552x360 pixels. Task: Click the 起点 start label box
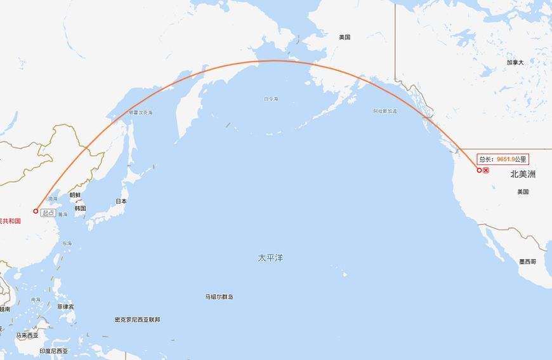[48, 213]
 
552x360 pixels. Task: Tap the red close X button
[486, 171]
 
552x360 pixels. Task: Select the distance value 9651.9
[505, 159]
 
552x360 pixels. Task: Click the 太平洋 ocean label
[270, 258]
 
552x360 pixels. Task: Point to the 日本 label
[121, 201]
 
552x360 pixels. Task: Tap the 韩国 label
[80, 208]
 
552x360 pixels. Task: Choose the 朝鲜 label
[75, 196]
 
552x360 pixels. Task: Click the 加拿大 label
[515, 62]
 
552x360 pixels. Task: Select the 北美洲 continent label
[523, 174]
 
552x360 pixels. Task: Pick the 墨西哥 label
[527, 262]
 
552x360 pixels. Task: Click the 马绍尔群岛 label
[219, 297]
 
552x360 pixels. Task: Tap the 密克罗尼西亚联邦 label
[137, 319]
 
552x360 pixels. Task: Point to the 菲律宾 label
[65, 306]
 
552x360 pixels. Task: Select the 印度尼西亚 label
[53, 351]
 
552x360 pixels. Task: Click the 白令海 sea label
[271, 99]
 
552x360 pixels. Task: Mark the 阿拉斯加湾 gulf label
[385, 111]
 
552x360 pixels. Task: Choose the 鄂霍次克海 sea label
[141, 112]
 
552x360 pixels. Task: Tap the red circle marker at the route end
[479, 170]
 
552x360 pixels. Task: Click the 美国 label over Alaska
[345, 37]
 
